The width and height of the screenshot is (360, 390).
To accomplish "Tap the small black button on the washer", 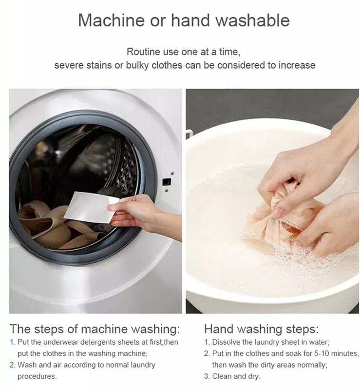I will coord(166,181).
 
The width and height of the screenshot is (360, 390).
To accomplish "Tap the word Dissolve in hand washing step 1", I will coord(226,342).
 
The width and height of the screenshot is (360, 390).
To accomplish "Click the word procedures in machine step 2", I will coord(37,376).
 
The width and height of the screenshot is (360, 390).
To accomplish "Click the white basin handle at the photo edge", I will coord(188,132).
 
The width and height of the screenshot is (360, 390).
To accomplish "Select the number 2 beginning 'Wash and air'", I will coord(12,365).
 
